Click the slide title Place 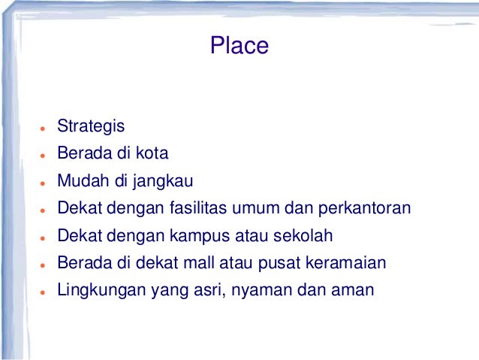point(239,46)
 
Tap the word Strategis point(91,127)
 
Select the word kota point(152,154)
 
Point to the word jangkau point(166,182)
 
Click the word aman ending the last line point(354,289)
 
